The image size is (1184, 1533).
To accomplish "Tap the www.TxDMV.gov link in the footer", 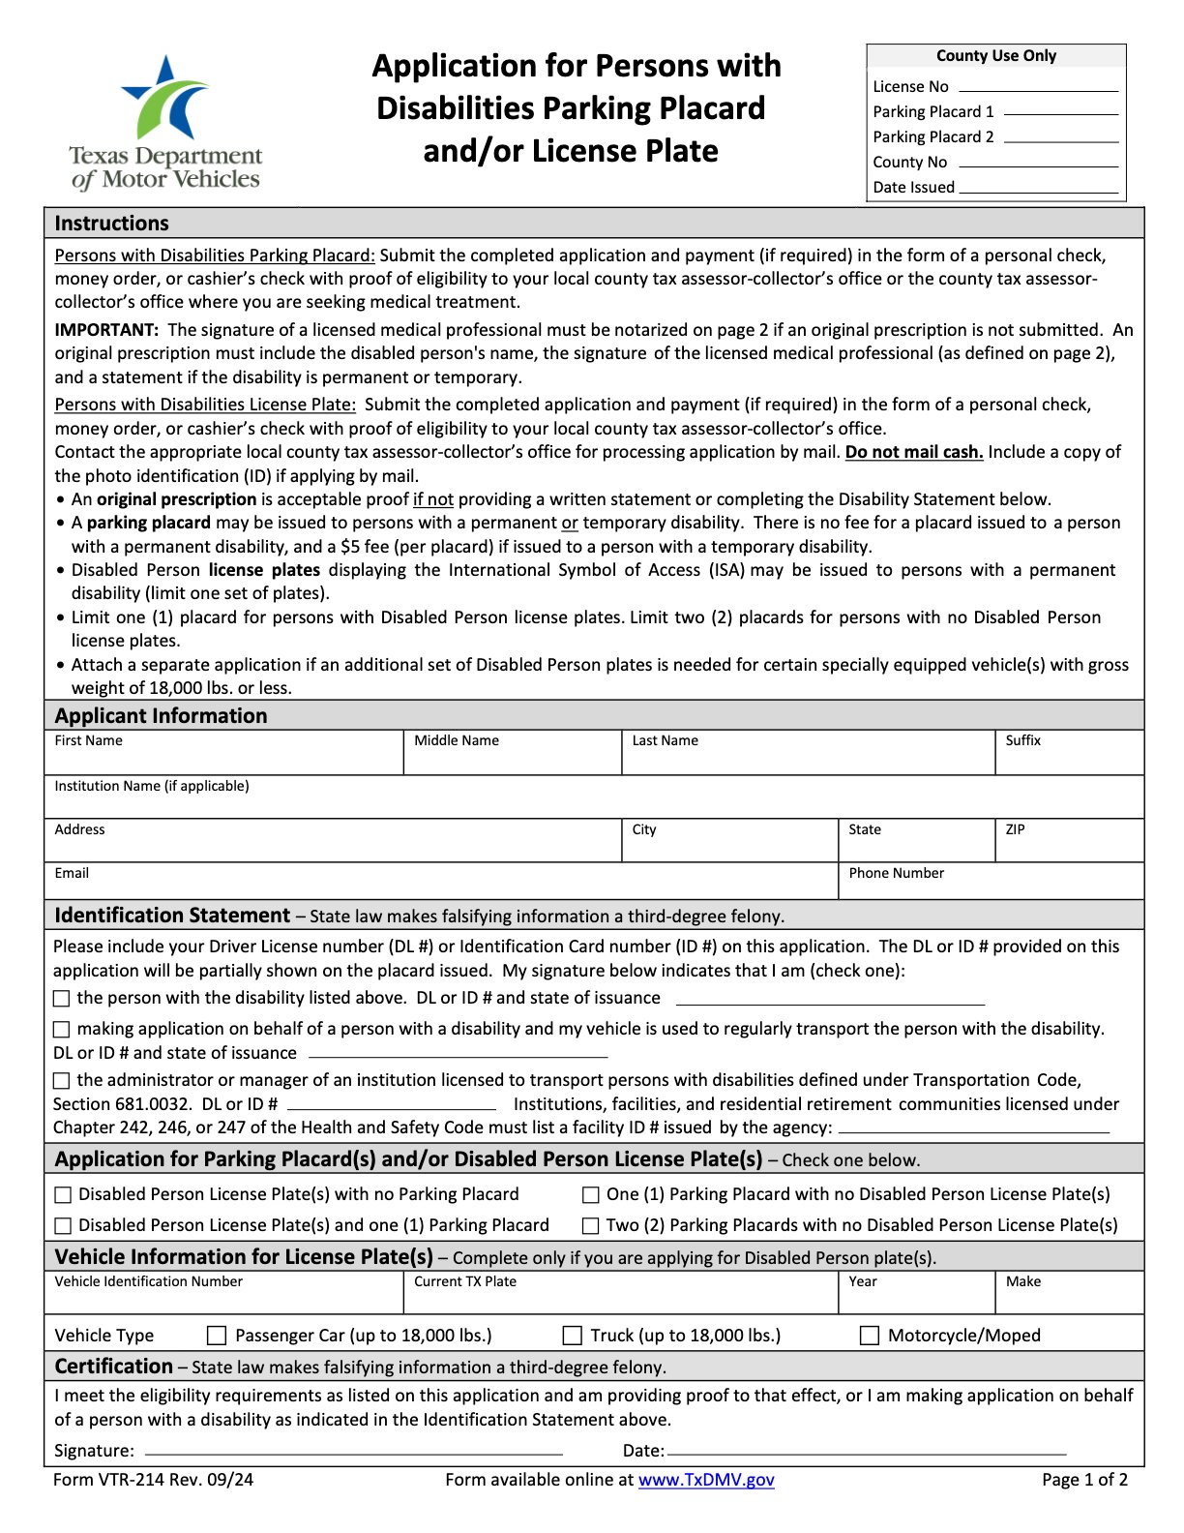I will (706, 1480).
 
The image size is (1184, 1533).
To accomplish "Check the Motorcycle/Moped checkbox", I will (870, 1336).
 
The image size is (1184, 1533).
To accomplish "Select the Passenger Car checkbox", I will (217, 1336).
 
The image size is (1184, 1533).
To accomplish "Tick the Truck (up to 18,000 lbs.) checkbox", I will (573, 1336).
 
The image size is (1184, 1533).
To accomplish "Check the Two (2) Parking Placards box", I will (590, 1225).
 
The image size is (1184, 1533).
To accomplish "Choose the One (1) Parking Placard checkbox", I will (590, 1195).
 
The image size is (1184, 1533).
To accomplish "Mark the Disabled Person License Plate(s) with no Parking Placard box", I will (63, 1195).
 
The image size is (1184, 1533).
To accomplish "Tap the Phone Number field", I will (991, 886).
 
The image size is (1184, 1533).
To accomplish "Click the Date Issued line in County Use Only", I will (1038, 188).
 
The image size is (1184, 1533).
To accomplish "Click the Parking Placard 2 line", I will (1060, 137).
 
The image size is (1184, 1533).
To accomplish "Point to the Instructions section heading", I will (111, 224).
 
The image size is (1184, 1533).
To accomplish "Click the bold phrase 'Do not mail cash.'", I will (914, 452).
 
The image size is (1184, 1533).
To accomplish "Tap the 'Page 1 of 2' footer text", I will (1084, 1480).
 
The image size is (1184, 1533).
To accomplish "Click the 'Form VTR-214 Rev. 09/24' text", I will (153, 1480).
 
